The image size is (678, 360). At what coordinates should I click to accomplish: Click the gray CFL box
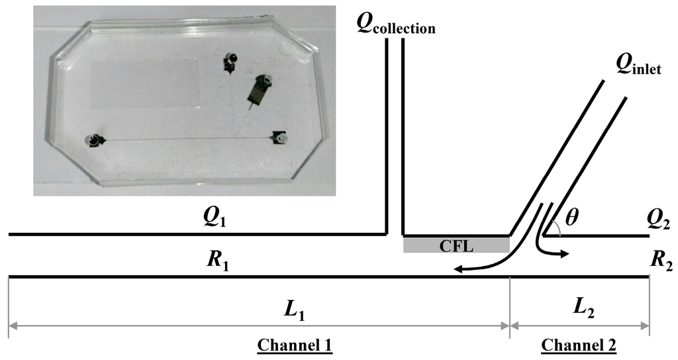[x=456, y=245]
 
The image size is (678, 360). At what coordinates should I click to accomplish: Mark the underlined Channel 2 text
[x=579, y=345]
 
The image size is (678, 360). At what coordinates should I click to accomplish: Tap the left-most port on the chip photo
[x=95, y=140]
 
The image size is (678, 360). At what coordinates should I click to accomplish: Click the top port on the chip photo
[x=230, y=60]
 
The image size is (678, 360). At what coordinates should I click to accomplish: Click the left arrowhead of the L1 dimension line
[x=13, y=326]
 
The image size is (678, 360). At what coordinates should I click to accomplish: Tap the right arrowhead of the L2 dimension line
[x=645, y=326]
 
